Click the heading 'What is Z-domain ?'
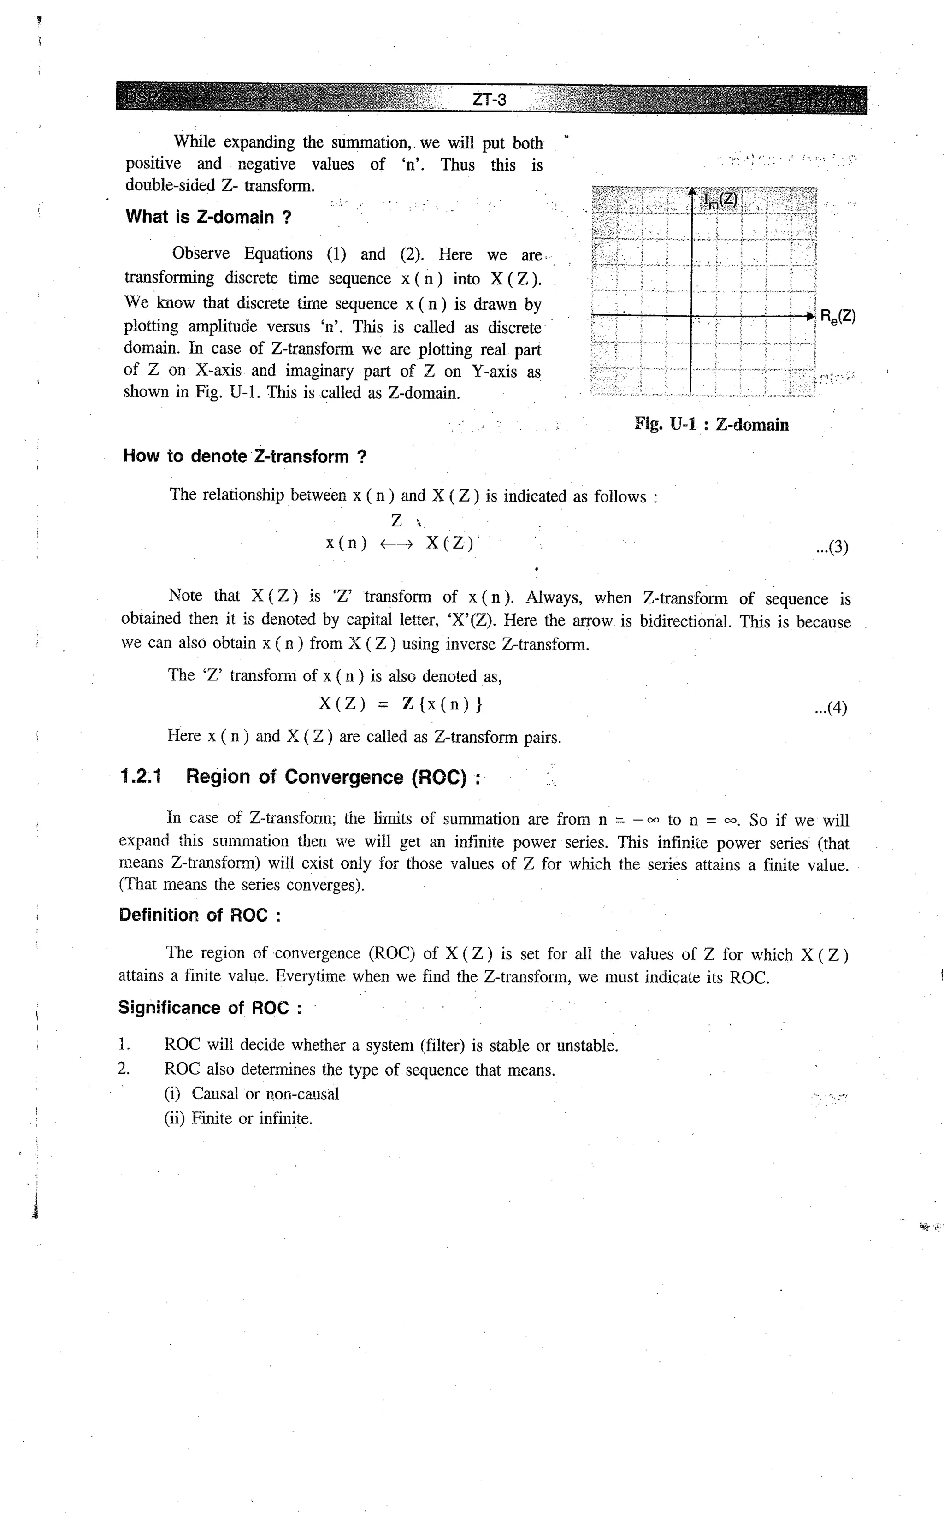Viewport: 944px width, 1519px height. (x=208, y=217)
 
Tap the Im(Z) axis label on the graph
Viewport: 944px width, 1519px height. (x=720, y=200)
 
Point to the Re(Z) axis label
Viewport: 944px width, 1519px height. (x=837, y=317)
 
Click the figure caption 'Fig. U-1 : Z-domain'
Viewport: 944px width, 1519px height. (x=711, y=425)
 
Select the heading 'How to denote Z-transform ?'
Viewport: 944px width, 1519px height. (x=245, y=456)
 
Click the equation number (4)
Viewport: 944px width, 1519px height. (x=831, y=708)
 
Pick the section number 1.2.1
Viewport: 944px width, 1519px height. (x=141, y=777)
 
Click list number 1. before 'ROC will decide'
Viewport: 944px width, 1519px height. (x=124, y=1045)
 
